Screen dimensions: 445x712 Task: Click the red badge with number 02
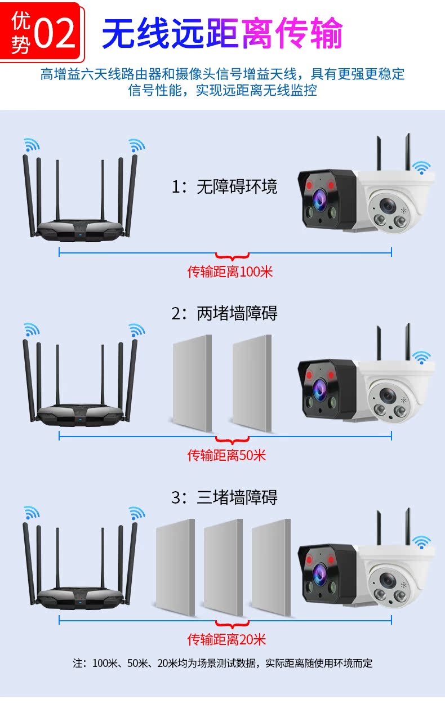tap(42, 31)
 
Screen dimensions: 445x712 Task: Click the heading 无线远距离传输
tap(222, 33)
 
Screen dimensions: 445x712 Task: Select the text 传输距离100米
tap(230, 272)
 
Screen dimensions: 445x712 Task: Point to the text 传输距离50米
tap(226, 455)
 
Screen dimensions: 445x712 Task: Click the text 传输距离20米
tap(226, 639)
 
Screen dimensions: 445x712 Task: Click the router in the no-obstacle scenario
tap(79, 197)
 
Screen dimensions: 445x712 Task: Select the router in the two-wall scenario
tap(79, 383)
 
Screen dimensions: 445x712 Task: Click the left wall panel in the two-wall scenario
tap(192, 384)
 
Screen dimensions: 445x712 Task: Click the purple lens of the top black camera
tap(320, 198)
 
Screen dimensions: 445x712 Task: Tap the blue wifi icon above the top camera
tap(421, 167)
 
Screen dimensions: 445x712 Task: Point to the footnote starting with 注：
tap(222, 663)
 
